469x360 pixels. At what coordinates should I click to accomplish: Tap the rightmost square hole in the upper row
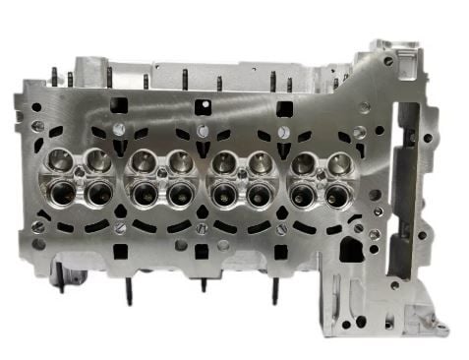pyautogui.click(x=285, y=107)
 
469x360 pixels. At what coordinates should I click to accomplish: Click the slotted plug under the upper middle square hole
pyautogui.click(x=202, y=131)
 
